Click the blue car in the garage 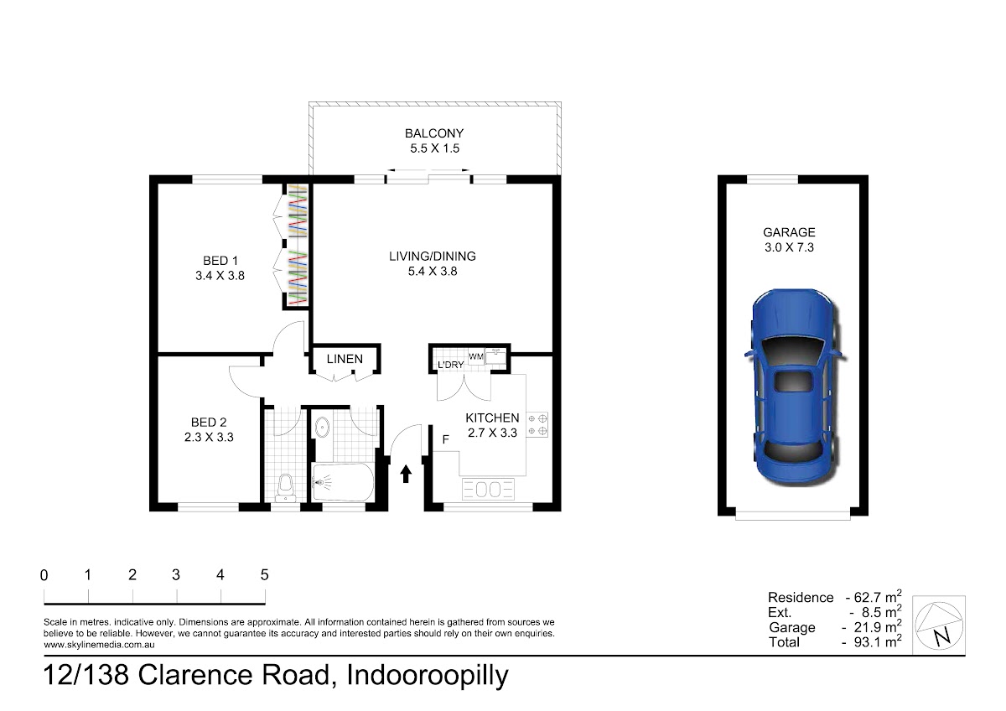pos(793,387)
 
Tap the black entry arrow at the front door pos(406,474)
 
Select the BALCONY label pos(434,133)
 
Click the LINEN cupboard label pos(345,359)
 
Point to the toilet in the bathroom pos(286,488)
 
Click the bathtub pos(343,482)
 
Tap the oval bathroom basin pos(322,427)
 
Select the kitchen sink pos(488,489)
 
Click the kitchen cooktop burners pos(537,425)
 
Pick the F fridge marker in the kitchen pos(445,439)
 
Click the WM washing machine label pos(475,356)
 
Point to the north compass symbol pos(939,625)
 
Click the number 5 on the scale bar pos(265,575)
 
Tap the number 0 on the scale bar pos(44,575)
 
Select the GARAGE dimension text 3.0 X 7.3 pos(789,247)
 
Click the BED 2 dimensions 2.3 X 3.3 pos(209,437)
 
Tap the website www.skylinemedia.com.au pos(99,645)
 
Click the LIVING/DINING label pos(433,257)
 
